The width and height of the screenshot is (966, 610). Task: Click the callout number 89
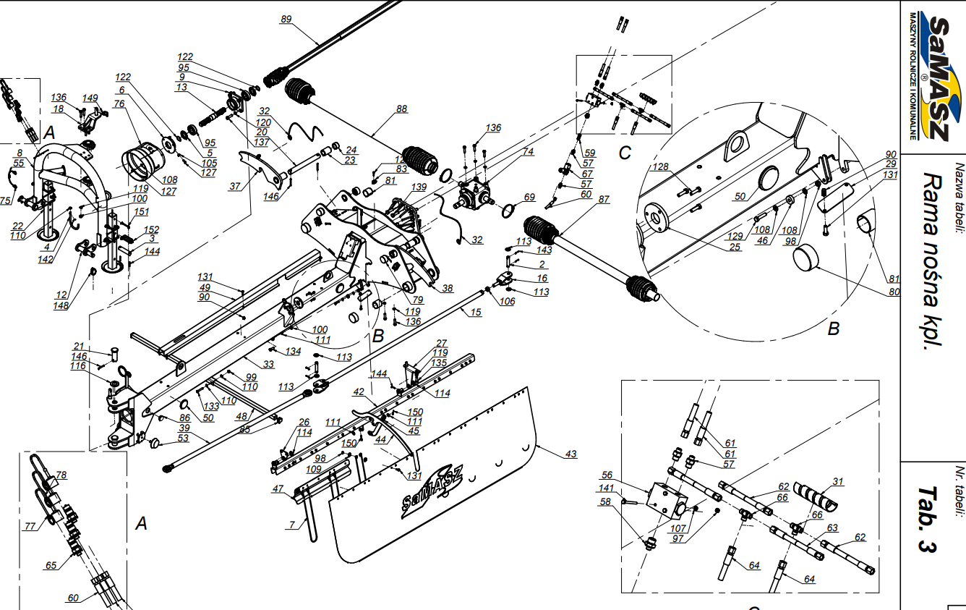286,20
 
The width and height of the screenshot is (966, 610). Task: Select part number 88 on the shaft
402,110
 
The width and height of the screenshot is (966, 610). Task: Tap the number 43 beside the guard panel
571,454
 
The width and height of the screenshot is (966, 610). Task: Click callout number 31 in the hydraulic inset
838,481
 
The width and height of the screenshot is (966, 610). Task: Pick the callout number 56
607,475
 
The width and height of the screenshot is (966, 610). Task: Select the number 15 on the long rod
475,312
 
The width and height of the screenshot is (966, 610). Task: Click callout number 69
529,197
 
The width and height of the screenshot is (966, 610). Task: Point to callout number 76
119,104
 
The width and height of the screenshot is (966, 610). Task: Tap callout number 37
235,186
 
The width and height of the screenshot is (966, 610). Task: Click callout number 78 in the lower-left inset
61,475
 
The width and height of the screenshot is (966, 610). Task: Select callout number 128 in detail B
660,167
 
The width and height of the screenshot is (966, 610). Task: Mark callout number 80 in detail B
894,292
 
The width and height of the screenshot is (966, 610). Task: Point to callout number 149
90,98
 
